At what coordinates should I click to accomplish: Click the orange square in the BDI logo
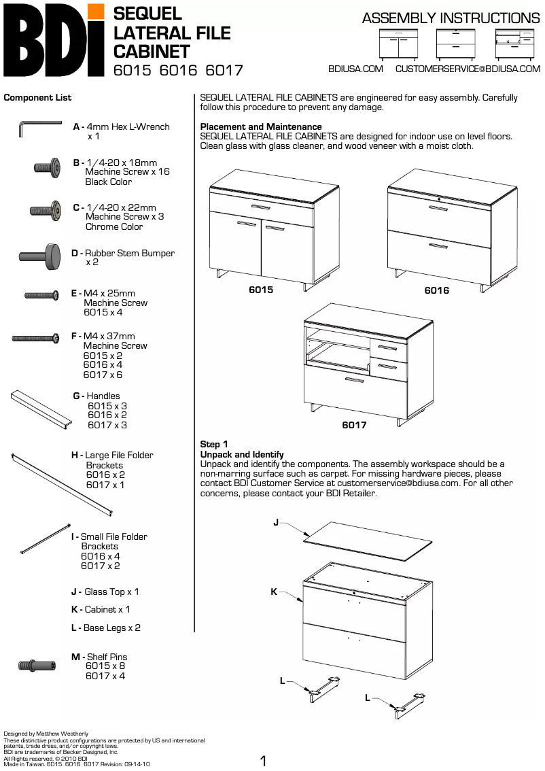click(x=96, y=12)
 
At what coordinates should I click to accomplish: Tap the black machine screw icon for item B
click(x=48, y=167)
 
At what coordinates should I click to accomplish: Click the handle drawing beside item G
click(x=41, y=410)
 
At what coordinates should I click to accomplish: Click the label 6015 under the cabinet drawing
click(x=261, y=290)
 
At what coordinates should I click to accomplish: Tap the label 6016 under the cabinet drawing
click(x=436, y=290)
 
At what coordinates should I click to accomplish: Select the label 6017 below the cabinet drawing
click(x=354, y=425)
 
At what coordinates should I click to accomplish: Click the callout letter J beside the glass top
click(x=276, y=522)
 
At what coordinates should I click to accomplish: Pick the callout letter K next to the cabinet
click(x=274, y=592)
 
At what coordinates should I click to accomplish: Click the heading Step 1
click(x=214, y=445)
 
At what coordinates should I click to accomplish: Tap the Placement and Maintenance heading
click(x=261, y=126)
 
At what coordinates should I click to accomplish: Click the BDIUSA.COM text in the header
click(x=355, y=69)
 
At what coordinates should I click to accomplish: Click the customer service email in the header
click(x=468, y=69)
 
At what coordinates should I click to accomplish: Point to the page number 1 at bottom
click(x=264, y=761)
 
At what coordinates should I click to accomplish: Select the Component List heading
click(x=37, y=98)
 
